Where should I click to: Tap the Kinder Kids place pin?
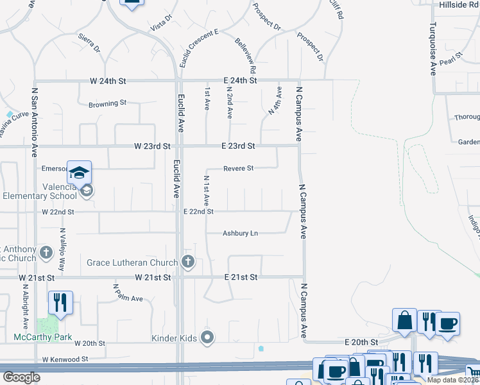207,337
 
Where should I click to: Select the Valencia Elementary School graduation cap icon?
80,173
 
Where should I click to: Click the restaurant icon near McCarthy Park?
60,302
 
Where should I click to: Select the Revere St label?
239,169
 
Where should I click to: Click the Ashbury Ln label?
240,234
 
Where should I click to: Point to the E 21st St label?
241,277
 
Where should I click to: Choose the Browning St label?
108,103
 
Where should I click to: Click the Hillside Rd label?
459,4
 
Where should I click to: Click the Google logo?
21,377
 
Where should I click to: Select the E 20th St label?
360,343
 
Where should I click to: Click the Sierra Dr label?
89,44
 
